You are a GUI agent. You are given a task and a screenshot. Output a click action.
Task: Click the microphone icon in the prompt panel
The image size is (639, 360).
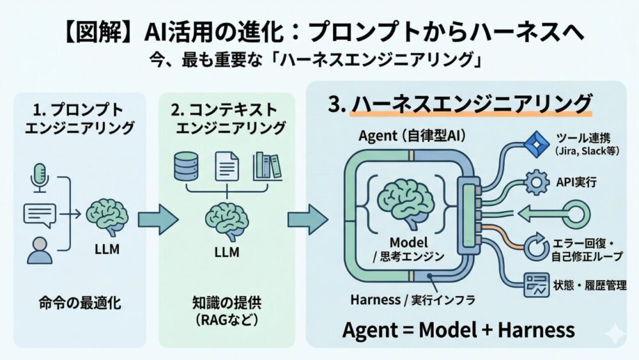pyautogui.click(x=40, y=176)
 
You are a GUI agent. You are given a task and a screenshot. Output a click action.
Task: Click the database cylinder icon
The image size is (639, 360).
pyautogui.click(x=187, y=166)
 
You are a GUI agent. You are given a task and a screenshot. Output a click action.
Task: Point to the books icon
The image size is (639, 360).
pyautogui.click(x=267, y=166)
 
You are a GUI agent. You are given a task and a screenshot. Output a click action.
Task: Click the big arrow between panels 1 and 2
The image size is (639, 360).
pyautogui.click(x=157, y=219)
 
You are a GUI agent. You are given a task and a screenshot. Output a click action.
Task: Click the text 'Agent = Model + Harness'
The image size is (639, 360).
pyautogui.click(x=458, y=330)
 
